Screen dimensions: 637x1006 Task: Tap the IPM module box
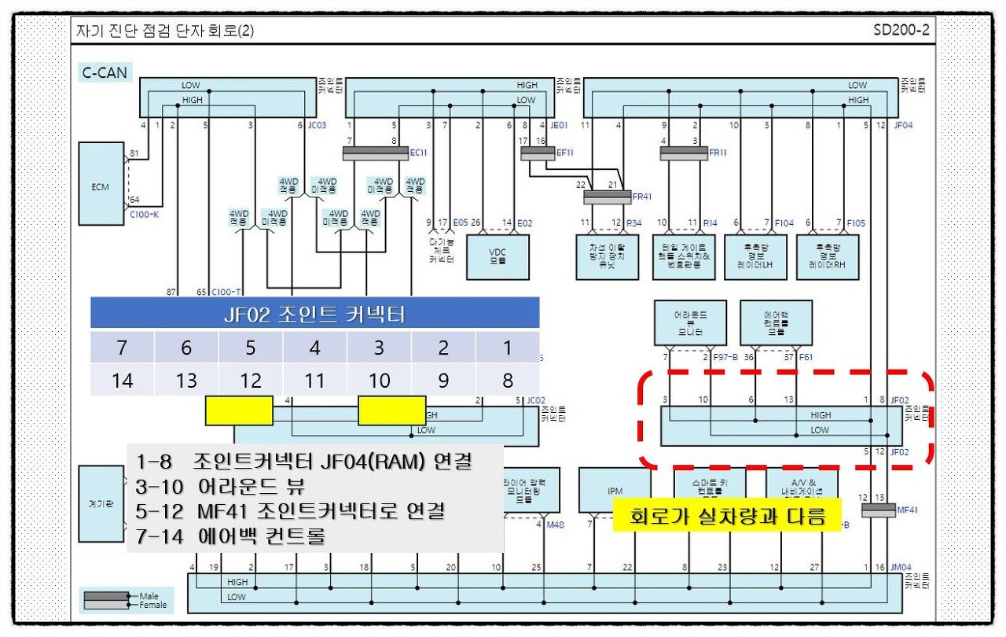(x=615, y=491)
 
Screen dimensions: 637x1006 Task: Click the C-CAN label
(x=105, y=73)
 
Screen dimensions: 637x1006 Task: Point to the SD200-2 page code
(x=901, y=31)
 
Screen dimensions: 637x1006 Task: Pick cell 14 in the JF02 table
(x=122, y=381)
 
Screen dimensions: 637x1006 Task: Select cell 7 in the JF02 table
(x=122, y=347)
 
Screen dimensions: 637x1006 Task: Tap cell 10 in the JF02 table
(x=379, y=381)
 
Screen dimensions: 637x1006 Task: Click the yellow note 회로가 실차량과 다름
(x=728, y=517)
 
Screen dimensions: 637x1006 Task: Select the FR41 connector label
(x=642, y=196)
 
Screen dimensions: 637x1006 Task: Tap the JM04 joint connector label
(x=901, y=567)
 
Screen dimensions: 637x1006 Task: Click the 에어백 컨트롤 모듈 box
(x=776, y=322)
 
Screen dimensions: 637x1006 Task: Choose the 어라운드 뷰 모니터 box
(x=690, y=322)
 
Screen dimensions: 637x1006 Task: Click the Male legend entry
(x=148, y=596)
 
